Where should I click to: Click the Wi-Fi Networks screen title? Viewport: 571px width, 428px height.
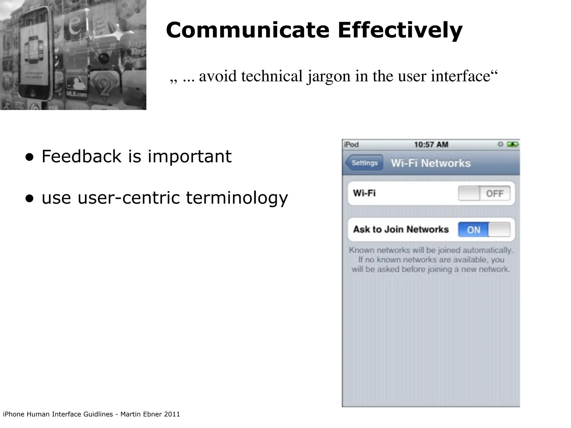pyautogui.click(x=430, y=163)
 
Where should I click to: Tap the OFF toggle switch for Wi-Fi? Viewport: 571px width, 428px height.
pyautogui.click(x=484, y=193)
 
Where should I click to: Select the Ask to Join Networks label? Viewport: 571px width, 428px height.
pyautogui.click(x=401, y=229)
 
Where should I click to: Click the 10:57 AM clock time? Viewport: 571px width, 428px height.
pyautogui.click(x=431, y=145)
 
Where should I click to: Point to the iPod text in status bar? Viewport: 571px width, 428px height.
pyautogui.click(x=351, y=145)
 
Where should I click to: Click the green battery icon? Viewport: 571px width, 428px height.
pyautogui.click(x=512, y=144)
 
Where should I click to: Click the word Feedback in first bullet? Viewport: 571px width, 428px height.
pyautogui.click(x=81, y=156)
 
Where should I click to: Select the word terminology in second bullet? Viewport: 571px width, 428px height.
pyautogui.click(x=237, y=198)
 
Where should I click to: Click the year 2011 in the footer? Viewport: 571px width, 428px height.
pyautogui.click(x=172, y=414)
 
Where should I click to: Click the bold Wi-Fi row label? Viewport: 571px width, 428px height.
pyautogui.click(x=364, y=193)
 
